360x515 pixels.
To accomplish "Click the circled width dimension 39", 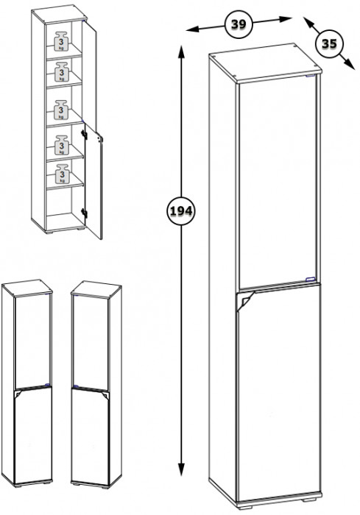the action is click(239, 24).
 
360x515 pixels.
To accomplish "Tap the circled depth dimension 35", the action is click(329, 43).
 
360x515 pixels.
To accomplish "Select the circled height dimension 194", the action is click(181, 211).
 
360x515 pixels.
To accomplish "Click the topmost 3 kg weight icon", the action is click(62, 40).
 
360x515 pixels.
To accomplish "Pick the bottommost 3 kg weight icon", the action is click(62, 174).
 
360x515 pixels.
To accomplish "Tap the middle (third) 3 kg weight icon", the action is click(62, 110).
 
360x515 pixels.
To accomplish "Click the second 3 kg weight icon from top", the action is click(62, 71).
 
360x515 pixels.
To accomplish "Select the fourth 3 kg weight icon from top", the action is click(62, 145).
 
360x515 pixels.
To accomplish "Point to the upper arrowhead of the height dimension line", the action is click(181, 51).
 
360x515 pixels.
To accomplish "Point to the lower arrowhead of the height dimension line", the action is click(181, 469).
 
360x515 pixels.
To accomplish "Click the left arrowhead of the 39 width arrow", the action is click(193, 29).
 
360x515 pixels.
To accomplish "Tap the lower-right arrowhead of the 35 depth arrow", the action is click(350, 64).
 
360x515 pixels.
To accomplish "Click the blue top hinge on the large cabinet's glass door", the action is click(310, 76).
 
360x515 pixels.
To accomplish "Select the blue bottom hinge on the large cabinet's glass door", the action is click(310, 279).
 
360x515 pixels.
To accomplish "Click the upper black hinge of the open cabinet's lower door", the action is click(84, 134).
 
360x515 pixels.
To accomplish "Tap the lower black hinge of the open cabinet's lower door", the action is click(84, 213).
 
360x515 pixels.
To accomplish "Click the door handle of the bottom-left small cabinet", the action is click(18, 394).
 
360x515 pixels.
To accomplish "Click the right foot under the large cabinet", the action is click(310, 500).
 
